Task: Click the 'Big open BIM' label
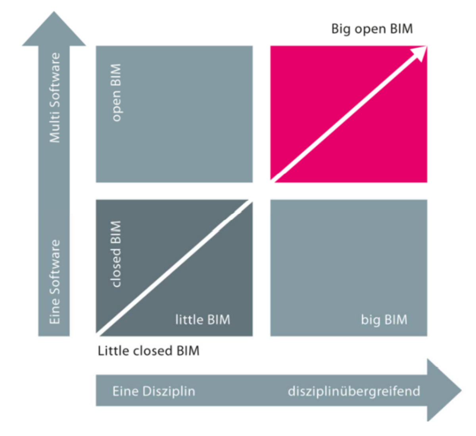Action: click(x=372, y=29)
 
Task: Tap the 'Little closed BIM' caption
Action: click(x=148, y=351)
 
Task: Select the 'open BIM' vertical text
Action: click(x=116, y=93)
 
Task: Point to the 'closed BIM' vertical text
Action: click(x=115, y=254)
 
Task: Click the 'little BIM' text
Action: click(x=202, y=320)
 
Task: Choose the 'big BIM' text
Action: click(x=384, y=320)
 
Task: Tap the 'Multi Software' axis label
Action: click(x=55, y=98)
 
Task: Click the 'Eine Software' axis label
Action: click(x=55, y=282)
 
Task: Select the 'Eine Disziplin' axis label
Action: click(x=154, y=391)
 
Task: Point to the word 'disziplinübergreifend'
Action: click(x=354, y=391)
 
